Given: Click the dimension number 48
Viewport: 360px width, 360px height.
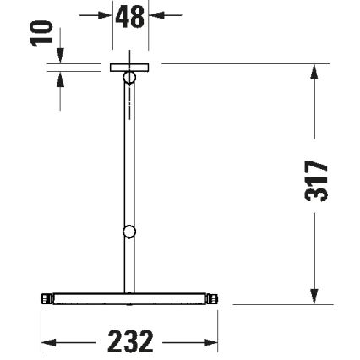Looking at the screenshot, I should (130, 16).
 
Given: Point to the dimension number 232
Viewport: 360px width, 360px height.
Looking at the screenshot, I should (130, 342).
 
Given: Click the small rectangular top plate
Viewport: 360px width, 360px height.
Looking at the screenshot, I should (129, 67).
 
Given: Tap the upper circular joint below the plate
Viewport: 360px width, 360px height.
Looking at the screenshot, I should (129, 78).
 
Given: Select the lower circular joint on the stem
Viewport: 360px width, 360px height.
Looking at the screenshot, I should (128, 232).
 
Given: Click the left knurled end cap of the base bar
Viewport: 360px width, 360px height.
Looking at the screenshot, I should (46, 298).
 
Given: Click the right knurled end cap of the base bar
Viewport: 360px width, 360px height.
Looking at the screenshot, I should (212, 298).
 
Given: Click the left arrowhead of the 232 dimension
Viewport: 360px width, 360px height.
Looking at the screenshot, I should (47, 342).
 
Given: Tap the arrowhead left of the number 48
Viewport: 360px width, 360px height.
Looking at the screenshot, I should (106, 15).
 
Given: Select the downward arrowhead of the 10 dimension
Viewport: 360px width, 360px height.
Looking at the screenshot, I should (60, 56).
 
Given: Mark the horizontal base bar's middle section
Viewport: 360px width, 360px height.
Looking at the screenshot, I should (128, 298).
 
